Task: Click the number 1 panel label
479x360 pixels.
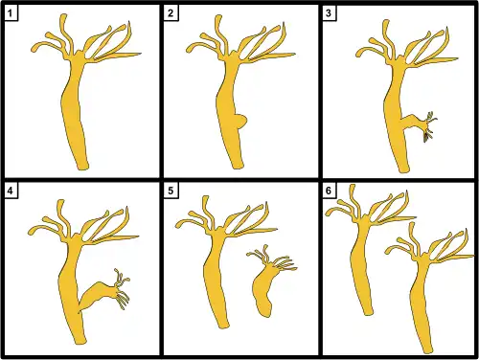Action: pyautogui.click(x=11, y=13)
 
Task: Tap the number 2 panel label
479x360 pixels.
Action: pyautogui.click(x=171, y=13)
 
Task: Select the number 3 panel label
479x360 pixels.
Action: pyautogui.click(x=329, y=13)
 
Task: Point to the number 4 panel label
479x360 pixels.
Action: pyautogui.click(x=11, y=191)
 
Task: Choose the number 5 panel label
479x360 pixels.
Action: pyautogui.click(x=171, y=191)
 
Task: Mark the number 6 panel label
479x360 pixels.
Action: pyautogui.click(x=329, y=191)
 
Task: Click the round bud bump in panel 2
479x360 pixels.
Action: pyautogui.click(x=241, y=122)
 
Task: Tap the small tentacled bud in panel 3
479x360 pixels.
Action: pyautogui.click(x=419, y=124)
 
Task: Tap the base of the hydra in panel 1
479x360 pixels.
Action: pyautogui.click(x=82, y=166)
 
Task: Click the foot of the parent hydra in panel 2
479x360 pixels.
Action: pyautogui.click(x=237, y=165)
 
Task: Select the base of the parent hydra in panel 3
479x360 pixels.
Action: pyautogui.click(x=403, y=169)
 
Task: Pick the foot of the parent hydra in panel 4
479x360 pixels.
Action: pyautogui.click(x=80, y=340)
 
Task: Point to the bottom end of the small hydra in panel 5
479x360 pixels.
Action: pyautogui.click(x=265, y=313)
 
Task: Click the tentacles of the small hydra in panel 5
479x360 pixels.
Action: pyautogui.click(x=272, y=259)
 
